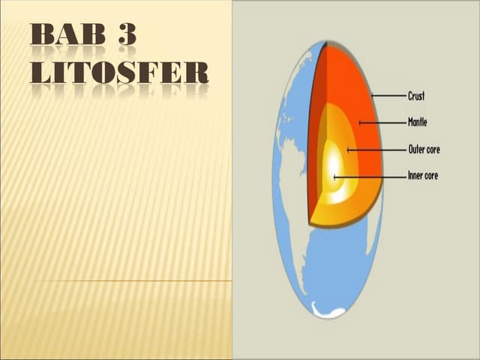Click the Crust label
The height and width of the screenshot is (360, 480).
416,96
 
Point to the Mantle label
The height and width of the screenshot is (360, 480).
418,121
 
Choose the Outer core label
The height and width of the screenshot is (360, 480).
424,149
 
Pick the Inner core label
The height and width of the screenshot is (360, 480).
423,176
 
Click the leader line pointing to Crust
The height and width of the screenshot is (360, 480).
388,96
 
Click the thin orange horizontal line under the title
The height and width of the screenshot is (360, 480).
135,281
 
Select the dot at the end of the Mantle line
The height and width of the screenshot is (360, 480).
360,121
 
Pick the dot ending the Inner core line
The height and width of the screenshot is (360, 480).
334,177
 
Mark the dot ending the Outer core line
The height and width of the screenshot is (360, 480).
348,150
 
